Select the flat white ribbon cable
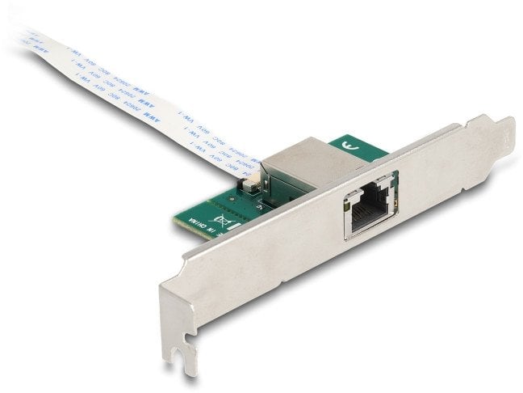145,97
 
